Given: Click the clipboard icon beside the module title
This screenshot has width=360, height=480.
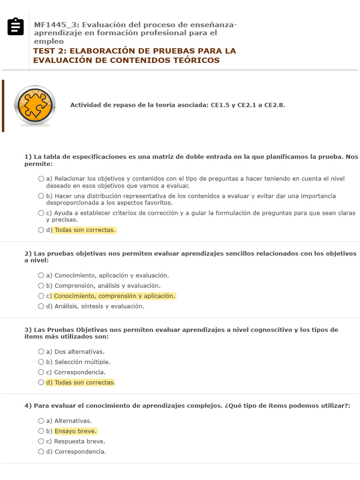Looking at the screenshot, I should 15,27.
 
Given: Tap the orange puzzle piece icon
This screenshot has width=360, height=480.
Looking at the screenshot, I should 35,105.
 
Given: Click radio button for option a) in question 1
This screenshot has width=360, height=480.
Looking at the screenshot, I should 41,179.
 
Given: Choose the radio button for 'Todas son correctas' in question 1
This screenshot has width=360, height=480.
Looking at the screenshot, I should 41,230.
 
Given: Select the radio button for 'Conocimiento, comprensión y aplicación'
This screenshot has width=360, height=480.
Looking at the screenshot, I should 41,296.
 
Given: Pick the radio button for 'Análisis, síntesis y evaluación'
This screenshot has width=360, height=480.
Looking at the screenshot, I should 41,306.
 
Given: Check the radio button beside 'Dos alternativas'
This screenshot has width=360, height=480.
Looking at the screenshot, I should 41,352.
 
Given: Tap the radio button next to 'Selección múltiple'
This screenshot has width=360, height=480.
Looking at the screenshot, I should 41,362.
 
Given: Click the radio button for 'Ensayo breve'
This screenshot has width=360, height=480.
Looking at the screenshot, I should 41,431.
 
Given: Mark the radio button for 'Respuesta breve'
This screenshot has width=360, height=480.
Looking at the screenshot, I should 41,442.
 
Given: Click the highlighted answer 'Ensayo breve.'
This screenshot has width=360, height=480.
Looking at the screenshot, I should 75,431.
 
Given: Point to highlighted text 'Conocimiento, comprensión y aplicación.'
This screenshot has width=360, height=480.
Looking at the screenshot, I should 115,296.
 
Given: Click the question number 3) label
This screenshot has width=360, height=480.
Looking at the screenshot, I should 28,330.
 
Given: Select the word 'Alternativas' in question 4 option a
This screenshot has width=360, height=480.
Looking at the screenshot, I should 73,421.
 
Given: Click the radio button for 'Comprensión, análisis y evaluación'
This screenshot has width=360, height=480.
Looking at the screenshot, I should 41,285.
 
